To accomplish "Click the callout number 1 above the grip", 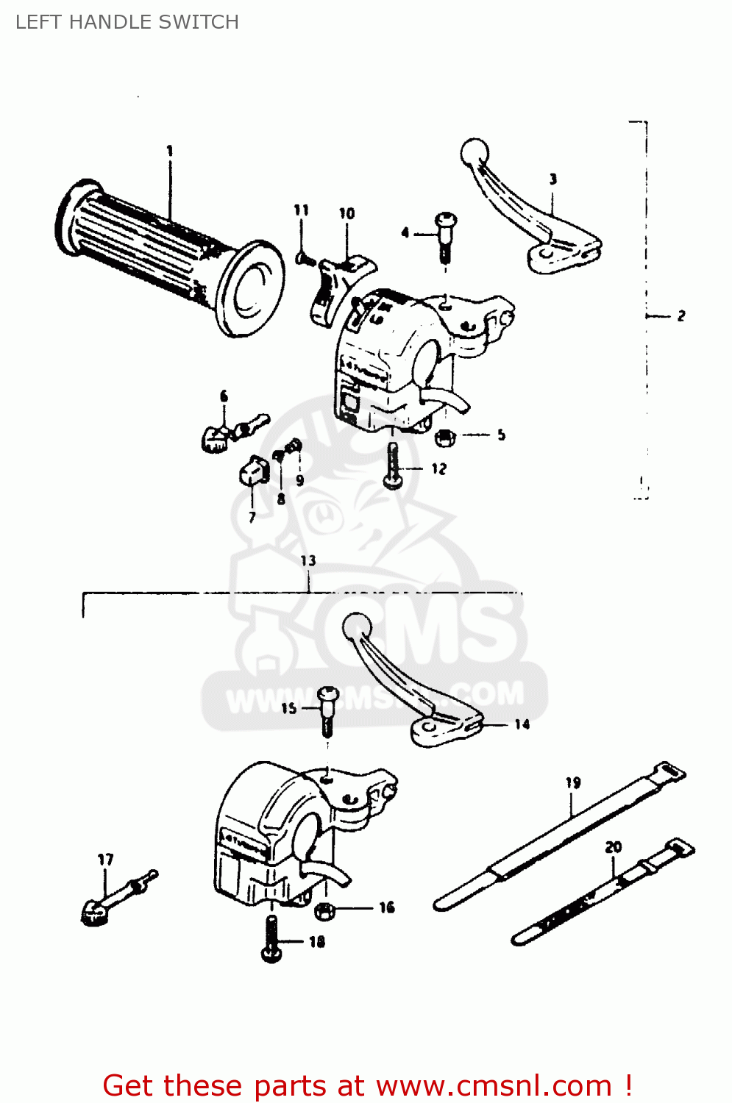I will coord(170,151).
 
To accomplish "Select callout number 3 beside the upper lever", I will coord(552,179).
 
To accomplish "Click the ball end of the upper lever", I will coord(474,152).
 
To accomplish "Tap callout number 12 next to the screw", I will coord(438,468).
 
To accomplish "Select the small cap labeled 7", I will coord(252,471).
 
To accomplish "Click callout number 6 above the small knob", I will coord(224,397).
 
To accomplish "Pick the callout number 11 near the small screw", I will coord(302,210).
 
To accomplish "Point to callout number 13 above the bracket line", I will coord(308,560).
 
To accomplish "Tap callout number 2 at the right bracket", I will coord(681,315).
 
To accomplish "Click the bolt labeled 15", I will coord(327,707).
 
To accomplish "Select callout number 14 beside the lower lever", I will coord(522,724).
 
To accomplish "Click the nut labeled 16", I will coord(323,910).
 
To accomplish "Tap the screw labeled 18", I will coord(271,941).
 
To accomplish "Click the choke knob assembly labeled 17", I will coord(110,901).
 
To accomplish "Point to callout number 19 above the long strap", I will coord(573,783).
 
